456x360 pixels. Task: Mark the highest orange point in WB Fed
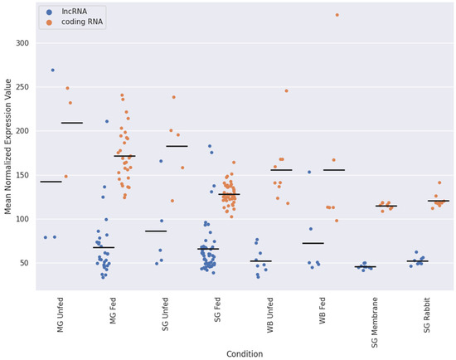[337, 15]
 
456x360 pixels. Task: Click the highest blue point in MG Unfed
[53, 71]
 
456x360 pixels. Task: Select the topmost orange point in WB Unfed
[286, 91]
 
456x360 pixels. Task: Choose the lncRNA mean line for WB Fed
[313, 243]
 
